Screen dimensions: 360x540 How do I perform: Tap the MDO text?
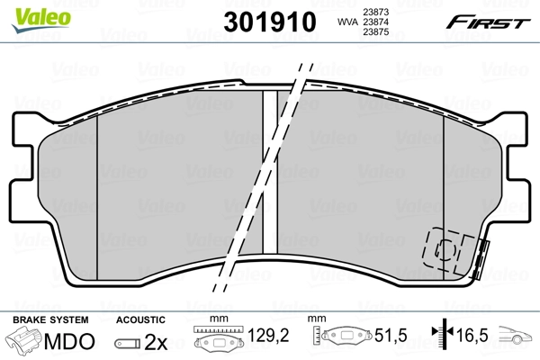click(x=69, y=342)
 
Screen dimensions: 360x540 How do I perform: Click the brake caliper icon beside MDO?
click(x=24, y=342)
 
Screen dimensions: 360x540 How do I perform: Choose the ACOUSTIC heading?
click(x=139, y=319)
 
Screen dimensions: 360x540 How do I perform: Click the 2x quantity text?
click(x=157, y=342)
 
